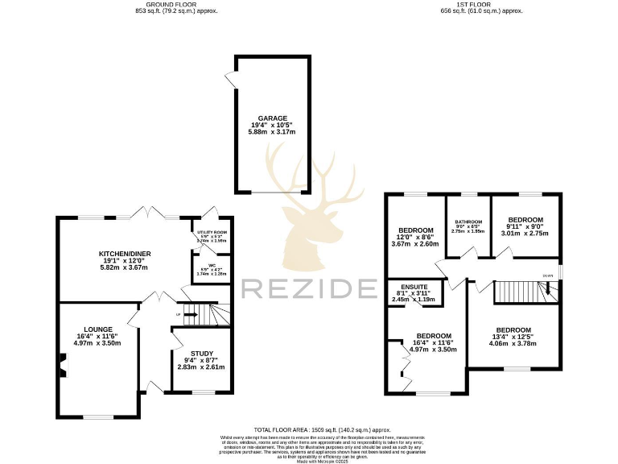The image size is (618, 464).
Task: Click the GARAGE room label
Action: point(272,118)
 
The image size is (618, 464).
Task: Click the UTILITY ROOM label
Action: point(212,232)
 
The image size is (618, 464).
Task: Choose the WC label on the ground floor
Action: point(212,267)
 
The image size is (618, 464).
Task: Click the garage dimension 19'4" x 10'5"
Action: point(272,126)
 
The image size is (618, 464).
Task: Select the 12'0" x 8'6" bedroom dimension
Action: point(414,237)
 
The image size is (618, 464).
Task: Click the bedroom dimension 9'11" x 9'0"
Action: point(525,226)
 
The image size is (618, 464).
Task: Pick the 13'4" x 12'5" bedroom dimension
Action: point(513,338)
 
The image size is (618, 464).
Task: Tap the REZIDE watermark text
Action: point(309,288)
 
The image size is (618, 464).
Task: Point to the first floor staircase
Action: point(517,291)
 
